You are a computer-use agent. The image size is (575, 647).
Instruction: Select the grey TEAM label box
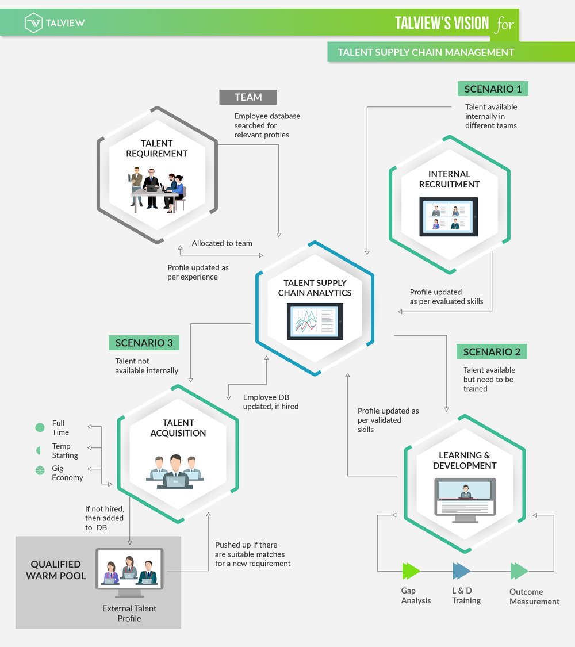point(248,97)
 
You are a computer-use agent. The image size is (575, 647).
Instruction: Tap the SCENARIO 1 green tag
point(493,89)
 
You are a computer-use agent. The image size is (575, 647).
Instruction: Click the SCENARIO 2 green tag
point(492,351)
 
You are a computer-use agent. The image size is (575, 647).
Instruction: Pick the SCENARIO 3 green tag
point(144,343)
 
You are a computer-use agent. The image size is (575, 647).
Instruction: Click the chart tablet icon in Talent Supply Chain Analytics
point(315,322)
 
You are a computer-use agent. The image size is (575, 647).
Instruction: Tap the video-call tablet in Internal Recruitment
point(448,217)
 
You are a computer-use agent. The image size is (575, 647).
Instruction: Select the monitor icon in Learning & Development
point(465,500)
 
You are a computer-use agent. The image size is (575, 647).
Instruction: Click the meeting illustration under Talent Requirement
point(157,189)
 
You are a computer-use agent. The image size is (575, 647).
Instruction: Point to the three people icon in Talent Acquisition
point(175,472)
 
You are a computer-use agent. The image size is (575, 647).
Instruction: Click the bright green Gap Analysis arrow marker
point(411,571)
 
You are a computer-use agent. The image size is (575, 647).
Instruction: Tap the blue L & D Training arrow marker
point(461,571)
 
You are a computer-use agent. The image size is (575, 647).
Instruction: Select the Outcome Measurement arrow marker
point(519,571)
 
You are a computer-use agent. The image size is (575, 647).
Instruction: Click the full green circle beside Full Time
point(40,427)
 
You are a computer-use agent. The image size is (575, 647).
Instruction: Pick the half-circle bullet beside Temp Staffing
point(39,450)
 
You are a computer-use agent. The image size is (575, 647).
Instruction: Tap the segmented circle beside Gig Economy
point(40,470)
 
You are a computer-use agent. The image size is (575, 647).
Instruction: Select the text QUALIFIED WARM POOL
point(56,570)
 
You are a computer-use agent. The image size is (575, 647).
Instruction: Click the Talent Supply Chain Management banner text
point(425,52)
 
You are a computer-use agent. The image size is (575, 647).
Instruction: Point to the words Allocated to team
point(222,243)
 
